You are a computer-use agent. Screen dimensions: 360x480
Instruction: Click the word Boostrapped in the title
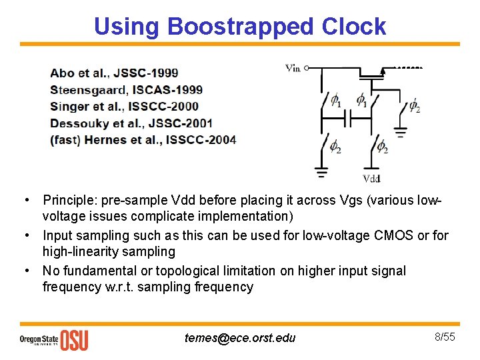(x=241, y=27)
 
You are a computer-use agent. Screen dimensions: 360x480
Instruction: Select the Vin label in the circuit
(x=293, y=68)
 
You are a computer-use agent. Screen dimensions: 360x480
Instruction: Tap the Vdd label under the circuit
(x=371, y=178)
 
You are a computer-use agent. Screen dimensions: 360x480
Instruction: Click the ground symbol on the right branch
(x=400, y=132)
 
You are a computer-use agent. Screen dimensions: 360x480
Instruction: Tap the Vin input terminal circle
(x=307, y=68)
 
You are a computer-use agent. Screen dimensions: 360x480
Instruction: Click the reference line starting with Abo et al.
(x=114, y=73)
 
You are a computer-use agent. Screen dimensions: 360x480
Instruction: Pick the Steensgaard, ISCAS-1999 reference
(x=126, y=89)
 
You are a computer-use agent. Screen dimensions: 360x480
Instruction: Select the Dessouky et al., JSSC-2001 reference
(x=131, y=123)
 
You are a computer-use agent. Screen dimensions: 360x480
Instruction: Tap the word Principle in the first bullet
(x=67, y=200)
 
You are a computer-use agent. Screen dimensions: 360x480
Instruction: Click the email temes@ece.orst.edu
(x=240, y=337)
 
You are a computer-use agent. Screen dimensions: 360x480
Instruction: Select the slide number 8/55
(x=445, y=337)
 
